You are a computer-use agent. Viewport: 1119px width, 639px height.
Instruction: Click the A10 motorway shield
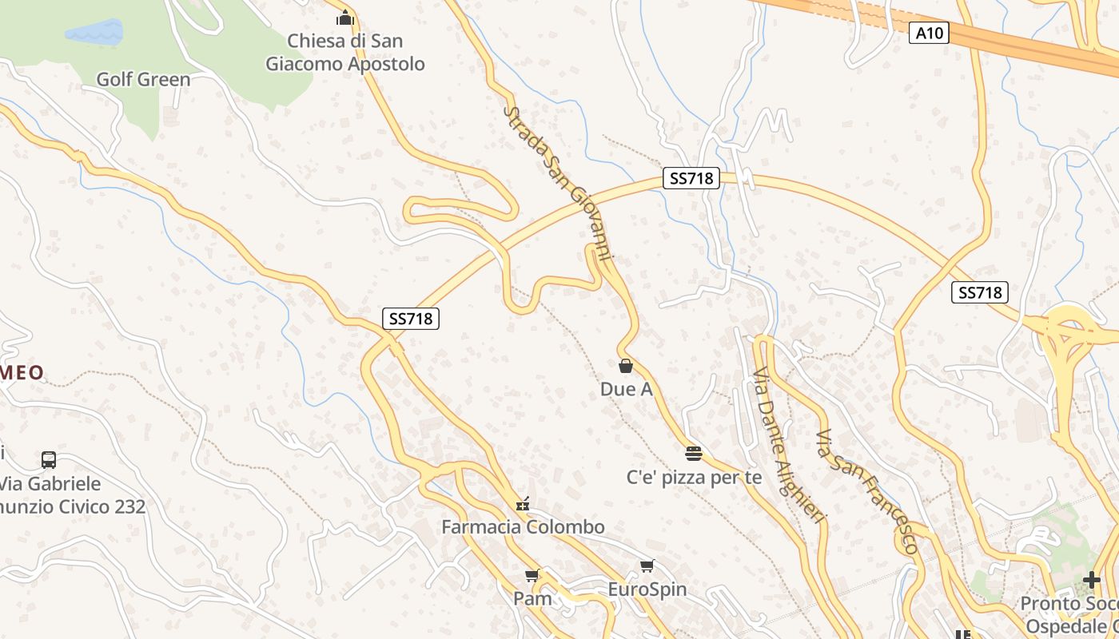[x=929, y=33]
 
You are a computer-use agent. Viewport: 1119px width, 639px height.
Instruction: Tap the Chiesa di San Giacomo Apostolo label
[x=345, y=53]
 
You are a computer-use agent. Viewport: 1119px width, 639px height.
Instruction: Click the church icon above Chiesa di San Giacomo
[x=345, y=17]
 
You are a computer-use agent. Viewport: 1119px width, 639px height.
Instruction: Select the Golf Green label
[x=144, y=79]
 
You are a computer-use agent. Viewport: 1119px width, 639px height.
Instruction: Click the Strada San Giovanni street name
[x=559, y=183]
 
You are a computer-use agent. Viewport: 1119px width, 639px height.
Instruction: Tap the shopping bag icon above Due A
[x=626, y=366]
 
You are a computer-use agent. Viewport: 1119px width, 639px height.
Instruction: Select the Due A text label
[x=626, y=389]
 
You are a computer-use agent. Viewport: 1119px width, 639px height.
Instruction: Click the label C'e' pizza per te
[x=694, y=478]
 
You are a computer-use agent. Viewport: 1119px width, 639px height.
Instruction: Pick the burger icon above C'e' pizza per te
[x=694, y=454]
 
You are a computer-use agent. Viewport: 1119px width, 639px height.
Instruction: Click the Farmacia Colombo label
[x=524, y=527]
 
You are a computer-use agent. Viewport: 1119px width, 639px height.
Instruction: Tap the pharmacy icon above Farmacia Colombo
[x=524, y=503]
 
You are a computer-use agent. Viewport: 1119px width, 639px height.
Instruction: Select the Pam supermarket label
[x=532, y=598]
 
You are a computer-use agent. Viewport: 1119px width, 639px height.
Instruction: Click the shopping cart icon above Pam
[x=532, y=575]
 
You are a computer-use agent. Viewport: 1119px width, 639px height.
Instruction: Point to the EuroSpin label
[x=647, y=589]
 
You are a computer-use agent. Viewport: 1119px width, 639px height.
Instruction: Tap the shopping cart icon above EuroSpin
[x=647, y=566]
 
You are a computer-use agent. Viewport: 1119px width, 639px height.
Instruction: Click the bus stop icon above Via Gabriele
[x=49, y=460]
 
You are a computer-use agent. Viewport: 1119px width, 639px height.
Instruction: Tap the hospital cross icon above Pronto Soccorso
[x=1092, y=580]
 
